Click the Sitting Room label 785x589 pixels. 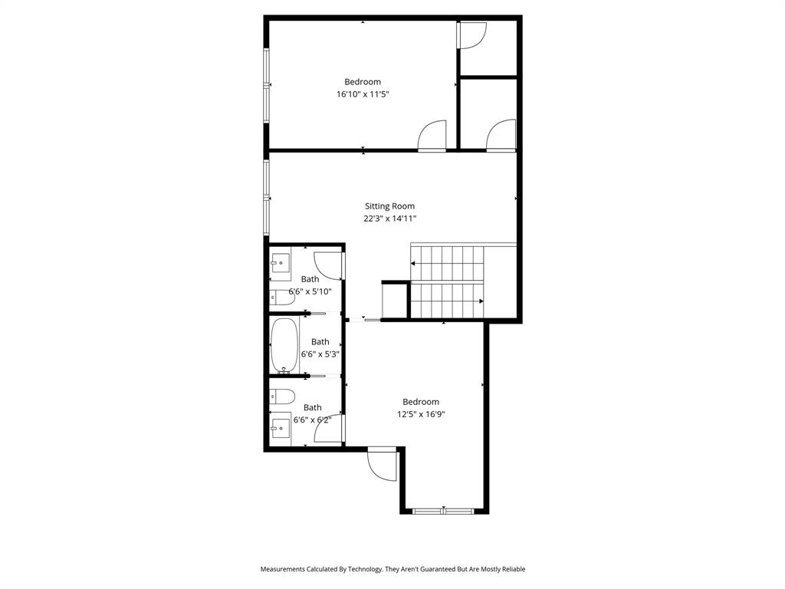(x=389, y=206)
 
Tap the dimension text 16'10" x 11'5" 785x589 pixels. (x=363, y=94)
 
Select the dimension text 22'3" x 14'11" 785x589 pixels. (x=389, y=219)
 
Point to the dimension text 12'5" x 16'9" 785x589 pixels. (x=421, y=414)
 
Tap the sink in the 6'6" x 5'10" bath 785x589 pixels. (x=280, y=262)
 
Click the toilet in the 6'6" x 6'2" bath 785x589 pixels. (x=282, y=397)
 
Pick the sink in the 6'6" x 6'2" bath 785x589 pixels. (x=280, y=425)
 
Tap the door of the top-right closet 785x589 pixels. (x=471, y=35)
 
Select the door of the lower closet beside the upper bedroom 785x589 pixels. (x=502, y=136)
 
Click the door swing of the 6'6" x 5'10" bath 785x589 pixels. (x=329, y=265)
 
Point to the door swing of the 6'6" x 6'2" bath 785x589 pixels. (x=329, y=430)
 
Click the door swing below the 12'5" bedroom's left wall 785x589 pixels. (x=383, y=465)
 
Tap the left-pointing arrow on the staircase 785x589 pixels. (x=415, y=263)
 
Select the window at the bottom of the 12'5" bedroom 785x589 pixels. (x=443, y=510)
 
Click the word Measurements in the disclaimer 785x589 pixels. (x=284, y=569)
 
